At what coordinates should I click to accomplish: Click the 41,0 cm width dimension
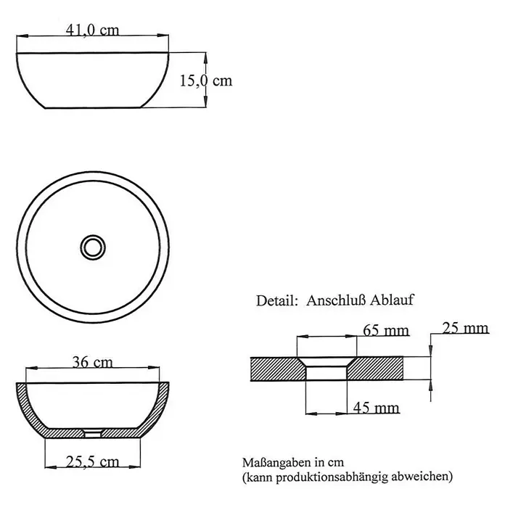click(x=92, y=30)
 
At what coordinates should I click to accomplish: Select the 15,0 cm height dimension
click(x=206, y=81)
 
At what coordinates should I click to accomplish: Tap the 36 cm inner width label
click(x=92, y=362)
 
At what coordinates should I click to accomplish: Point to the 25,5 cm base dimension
click(x=92, y=462)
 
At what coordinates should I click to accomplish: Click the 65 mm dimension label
click(x=386, y=330)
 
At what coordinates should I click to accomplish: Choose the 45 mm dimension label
click(x=376, y=408)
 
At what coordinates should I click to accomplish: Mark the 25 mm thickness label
click(x=465, y=328)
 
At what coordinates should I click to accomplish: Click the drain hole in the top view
click(x=93, y=247)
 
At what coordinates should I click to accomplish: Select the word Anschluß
click(x=336, y=300)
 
